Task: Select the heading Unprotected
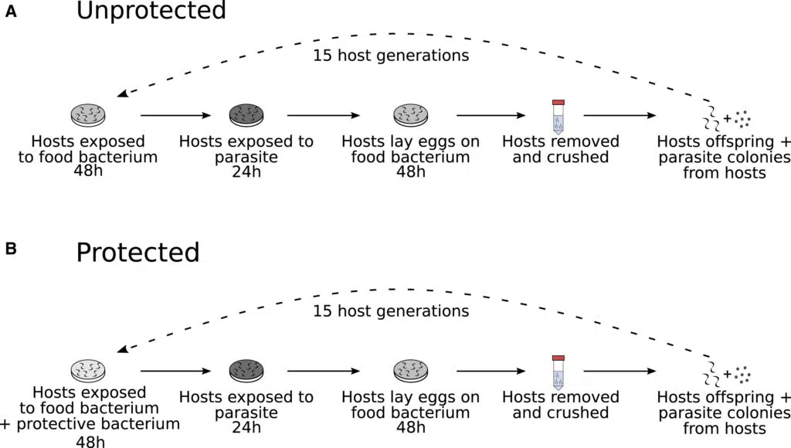click(151, 12)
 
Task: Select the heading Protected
click(137, 253)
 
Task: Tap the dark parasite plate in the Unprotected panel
click(246, 116)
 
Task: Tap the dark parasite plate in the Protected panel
click(246, 371)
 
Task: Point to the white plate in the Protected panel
click(88, 371)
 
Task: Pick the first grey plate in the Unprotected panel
click(88, 116)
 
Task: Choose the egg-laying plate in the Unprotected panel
click(410, 116)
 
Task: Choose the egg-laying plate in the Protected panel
click(410, 371)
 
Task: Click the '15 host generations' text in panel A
click(391, 56)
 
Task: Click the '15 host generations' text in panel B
click(391, 311)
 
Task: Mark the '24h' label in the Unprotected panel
click(246, 171)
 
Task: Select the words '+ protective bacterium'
click(92, 424)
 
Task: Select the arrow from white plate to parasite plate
click(175, 371)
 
